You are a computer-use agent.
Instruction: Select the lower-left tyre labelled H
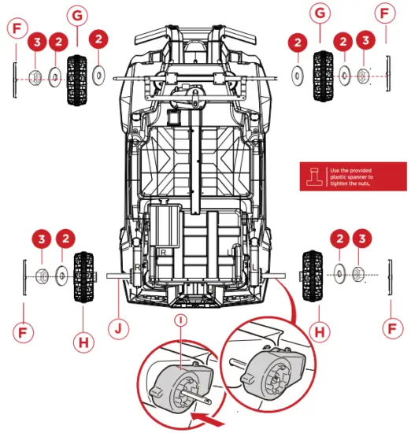[x=83, y=275]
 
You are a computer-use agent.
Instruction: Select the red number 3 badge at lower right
[x=361, y=239]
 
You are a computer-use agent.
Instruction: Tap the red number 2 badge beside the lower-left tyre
[x=65, y=238]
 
